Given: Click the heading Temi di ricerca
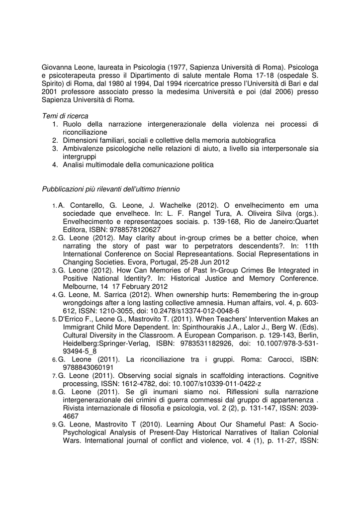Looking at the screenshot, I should (65, 116).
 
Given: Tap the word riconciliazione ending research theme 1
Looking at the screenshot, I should (85, 132).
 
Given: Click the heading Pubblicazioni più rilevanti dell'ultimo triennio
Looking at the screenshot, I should (111, 189).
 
